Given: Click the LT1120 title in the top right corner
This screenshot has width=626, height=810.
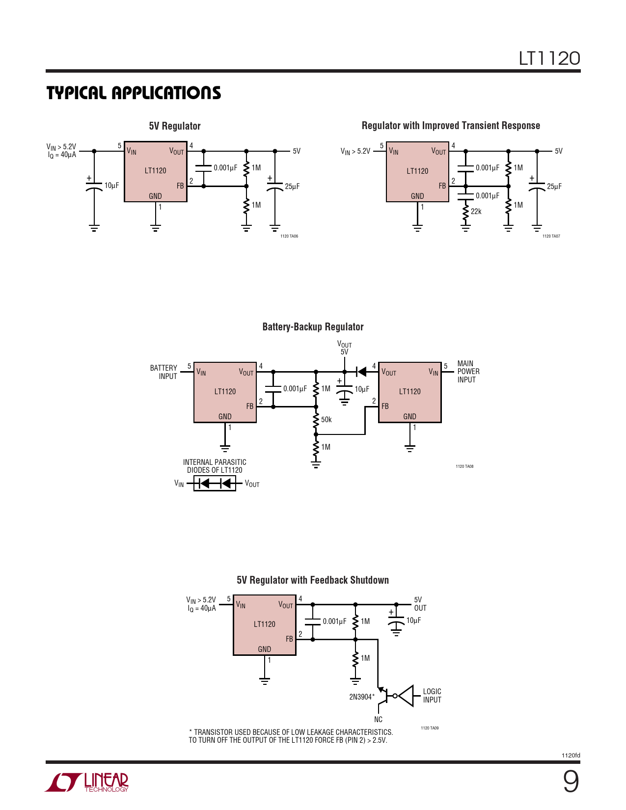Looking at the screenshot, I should pyautogui.click(x=549, y=58).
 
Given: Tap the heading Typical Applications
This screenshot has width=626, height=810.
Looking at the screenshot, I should pyautogui.click(x=134, y=93).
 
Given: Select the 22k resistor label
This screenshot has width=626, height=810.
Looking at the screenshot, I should pyautogui.click(x=476, y=212).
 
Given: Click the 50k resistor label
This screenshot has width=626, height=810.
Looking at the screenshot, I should pyautogui.click(x=327, y=420).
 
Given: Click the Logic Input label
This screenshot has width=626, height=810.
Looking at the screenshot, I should pyautogui.click(x=432, y=696).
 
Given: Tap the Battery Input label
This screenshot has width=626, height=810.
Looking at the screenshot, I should pyautogui.click(x=163, y=372).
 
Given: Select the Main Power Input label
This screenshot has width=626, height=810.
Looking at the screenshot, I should pyautogui.click(x=468, y=372).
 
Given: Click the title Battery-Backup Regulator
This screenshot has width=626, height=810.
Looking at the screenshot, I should pyautogui.click(x=313, y=327).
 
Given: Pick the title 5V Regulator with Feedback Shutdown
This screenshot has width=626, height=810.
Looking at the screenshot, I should pyautogui.click(x=313, y=580).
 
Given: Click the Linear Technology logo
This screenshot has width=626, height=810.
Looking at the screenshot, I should pyautogui.click(x=87, y=782).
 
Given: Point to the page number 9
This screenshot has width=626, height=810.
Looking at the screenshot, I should pyautogui.click(x=571, y=782).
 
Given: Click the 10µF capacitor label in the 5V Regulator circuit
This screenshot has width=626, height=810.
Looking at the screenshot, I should pyautogui.click(x=111, y=186).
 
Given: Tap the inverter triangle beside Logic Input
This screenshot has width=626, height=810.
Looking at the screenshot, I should pyautogui.click(x=407, y=696).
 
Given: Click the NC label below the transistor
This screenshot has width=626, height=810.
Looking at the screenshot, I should pyautogui.click(x=378, y=720).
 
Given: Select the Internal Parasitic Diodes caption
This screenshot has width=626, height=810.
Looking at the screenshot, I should pyautogui.click(x=215, y=466).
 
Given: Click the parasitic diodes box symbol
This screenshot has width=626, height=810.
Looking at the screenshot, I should pyautogui.click(x=215, y=484).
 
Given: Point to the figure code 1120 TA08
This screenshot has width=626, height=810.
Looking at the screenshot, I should pyautogui.click(x=464, y=466).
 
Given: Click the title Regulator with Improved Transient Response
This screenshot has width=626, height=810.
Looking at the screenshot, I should pyautogui.click(x=451, y=126).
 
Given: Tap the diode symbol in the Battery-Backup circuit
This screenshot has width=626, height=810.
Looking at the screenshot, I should pyautogui.click(x=361, y=372).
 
